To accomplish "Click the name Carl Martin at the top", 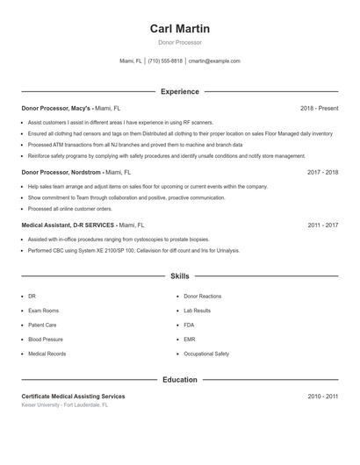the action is [x=180, y=29].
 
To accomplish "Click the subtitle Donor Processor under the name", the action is [x=180, y=42].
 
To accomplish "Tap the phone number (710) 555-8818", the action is [x=165, y=61].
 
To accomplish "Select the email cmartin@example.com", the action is [x=214, y=61].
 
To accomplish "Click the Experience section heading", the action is [x=180, y=91].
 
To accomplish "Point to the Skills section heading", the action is [x=180, y=276].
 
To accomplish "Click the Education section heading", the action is [x=180, y=380].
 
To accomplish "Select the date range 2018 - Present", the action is [x=319, y=108].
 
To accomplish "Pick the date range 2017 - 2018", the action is [x=322, y=173].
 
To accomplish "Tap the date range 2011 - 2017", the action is [x=322, y=225].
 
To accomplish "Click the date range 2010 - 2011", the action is [x=322, y=397].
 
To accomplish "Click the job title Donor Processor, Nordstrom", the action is [x=62, y=173].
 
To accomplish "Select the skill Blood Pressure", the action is [x=46, y=340].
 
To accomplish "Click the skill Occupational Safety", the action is [x=206, y=354].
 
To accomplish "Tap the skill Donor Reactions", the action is [x=203, y=297].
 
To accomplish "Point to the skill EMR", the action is [x=190, y=340].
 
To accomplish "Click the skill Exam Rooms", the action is [x=44, y=311].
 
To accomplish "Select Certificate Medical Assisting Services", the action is [x=73, y=397].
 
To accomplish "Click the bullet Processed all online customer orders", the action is [x=70, y=210].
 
